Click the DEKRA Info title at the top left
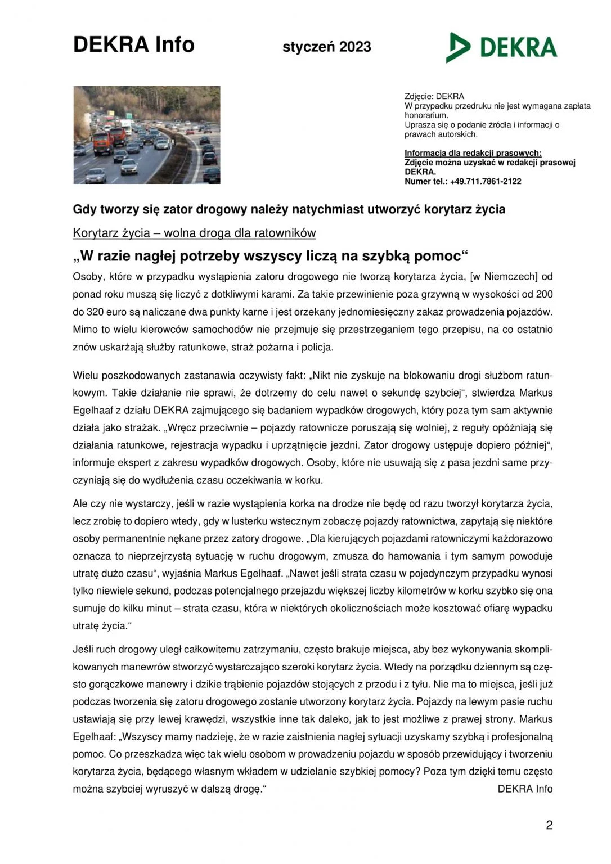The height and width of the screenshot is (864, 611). point(134,44)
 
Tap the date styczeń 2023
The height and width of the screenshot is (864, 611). point(326,47)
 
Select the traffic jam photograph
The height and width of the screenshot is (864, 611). point(147,135)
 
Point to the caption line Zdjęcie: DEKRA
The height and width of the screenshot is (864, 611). point(434,96)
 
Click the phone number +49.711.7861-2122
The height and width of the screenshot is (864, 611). point(486,181)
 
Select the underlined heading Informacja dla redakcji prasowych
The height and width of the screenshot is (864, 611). point(473,153)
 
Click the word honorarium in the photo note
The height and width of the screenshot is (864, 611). point(426,115)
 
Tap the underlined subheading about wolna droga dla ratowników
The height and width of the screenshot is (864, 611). point(194,233)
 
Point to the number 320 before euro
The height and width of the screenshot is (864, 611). point(96,312)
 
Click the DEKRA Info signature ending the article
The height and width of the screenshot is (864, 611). point(525,789)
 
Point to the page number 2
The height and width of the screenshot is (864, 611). point(549,825)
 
